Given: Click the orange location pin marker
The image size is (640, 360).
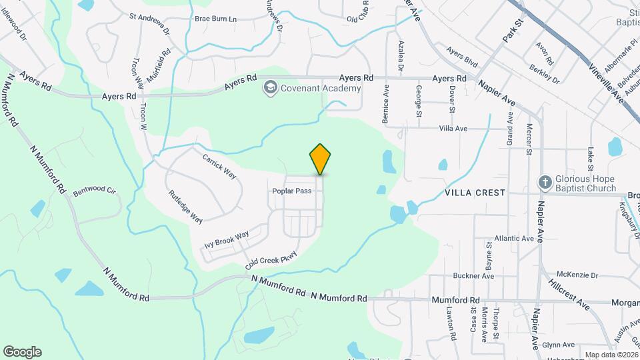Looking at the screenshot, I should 321,159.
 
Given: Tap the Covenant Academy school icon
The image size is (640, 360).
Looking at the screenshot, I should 270,87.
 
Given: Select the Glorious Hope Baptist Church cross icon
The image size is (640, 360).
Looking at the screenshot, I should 544,183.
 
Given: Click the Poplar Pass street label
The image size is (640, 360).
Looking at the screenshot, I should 292,191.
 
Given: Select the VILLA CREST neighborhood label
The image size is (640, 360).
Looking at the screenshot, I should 475,192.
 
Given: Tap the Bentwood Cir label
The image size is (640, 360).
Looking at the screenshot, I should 95,190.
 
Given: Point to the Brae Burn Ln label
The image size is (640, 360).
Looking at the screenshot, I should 215,19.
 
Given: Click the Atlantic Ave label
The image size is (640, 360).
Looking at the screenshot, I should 514,238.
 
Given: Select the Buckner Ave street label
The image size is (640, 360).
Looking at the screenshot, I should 473,275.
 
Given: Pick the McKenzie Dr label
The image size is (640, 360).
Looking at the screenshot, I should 577,275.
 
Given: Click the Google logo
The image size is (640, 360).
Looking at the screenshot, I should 22,351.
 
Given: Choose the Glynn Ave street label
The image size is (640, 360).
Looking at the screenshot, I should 558,345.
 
